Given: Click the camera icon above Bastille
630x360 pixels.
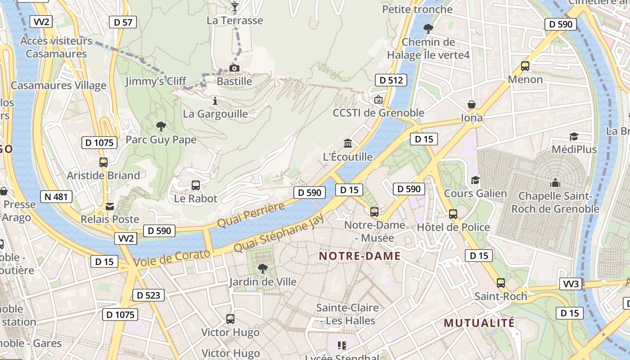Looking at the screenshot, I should click(234, 68).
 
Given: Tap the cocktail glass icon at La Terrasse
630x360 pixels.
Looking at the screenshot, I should click(234, 7).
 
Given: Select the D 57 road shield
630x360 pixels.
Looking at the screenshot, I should click(123, 22).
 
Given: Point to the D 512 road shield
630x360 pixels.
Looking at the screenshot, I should click(391, 81).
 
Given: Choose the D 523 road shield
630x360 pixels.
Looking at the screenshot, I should click(148, 295).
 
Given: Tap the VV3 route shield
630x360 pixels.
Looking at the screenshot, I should click(571, 284).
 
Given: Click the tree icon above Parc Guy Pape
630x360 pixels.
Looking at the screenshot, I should click(161, 126).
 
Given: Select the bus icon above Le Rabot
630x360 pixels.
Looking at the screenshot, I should click(195, 185).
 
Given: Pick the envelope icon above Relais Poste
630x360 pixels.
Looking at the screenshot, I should click(109, 207).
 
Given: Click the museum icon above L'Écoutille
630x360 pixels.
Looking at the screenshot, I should click(348, 144).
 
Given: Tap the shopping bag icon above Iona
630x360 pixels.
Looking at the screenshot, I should click(472, 105).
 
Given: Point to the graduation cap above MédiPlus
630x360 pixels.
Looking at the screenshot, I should click(574, 136).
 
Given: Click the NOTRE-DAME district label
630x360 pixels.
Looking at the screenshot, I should click(360, 256).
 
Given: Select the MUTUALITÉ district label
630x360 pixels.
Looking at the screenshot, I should click(479, 323).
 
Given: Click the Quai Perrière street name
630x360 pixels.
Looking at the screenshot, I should click(251, 215).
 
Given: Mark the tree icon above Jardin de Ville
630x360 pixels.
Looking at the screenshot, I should click(262, 269).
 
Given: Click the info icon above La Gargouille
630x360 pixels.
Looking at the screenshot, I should click(215, 101).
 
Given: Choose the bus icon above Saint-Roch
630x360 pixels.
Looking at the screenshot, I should click(500, 283).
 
